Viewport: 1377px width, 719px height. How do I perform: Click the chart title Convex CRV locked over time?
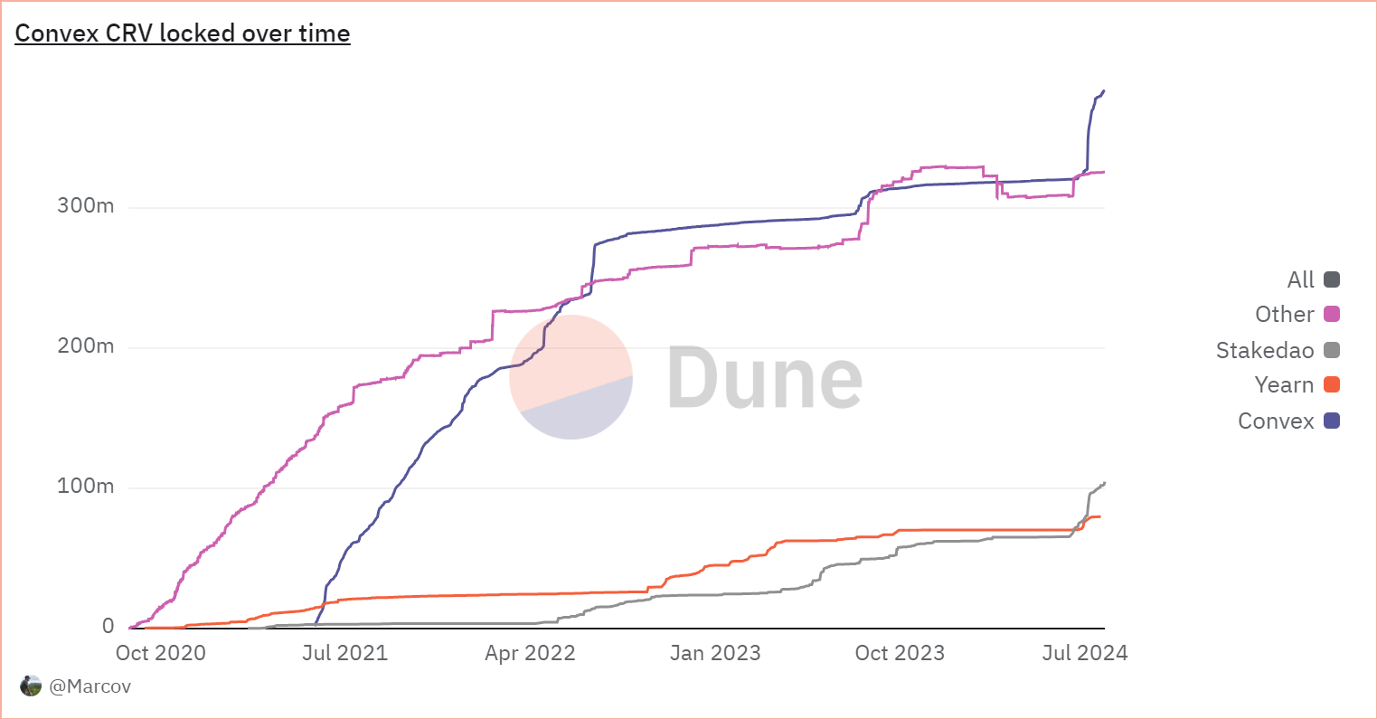pos(183,33)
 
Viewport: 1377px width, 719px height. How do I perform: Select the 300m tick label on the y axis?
pos(86,205)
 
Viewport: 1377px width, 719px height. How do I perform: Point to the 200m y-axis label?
pos(86,345)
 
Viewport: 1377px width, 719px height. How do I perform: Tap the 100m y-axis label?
pos(86,486)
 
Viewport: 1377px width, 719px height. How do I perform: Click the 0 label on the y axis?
pos(108,626)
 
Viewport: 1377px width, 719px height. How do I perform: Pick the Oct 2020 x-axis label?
pos(161,653)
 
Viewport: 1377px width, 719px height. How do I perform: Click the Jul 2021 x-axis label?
pos(344,653)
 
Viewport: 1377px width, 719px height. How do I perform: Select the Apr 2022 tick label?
pos(530,653)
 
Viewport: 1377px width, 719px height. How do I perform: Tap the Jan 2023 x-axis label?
pos(715,653)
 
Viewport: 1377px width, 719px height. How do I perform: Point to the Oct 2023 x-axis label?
pos(900,653)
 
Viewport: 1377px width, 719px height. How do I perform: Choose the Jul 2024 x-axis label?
pos(1085,653)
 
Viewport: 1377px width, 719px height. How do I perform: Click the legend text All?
pos(1300,279)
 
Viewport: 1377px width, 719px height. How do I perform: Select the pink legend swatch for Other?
pos(1332,315)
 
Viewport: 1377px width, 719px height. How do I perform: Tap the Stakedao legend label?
pos(1265,350)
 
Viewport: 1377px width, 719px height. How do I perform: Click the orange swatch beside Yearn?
pos(1332,385)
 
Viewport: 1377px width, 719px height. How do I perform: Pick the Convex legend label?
pos(1276,421)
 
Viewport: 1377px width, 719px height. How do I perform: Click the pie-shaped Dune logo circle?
pos(571,377)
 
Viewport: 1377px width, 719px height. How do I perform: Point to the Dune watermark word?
pos(765,377)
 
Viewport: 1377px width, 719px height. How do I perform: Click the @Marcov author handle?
pos(90,686)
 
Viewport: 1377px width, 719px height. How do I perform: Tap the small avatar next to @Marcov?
pos(31,686)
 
